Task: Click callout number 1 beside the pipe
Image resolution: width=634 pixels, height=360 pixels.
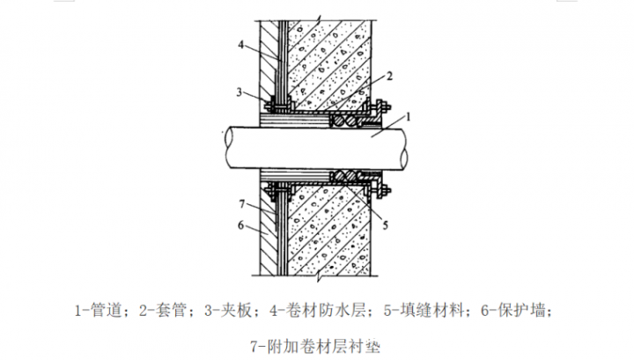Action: click(x=408, y=117)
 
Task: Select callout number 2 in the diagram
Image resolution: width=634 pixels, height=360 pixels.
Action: click(x=389, y=76)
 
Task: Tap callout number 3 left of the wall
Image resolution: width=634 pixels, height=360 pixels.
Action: click(x=240, y=92)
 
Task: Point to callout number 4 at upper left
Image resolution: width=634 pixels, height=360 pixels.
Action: click(x=241, y=45)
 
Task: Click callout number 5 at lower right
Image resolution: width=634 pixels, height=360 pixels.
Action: click(x=386, y=225)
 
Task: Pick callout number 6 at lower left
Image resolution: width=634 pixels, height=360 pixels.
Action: click(x=240, y=225)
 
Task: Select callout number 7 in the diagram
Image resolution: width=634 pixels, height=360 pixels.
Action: click(x=242, y=204)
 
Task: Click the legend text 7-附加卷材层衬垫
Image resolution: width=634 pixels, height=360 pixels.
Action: click(x=316, y=346)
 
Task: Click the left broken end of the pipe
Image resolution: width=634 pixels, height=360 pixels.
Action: click(x=228, y=147)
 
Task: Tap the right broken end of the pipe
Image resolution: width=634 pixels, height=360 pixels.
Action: click(x=402, y=148)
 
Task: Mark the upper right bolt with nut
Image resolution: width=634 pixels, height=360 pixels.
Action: click(x=380, y=107)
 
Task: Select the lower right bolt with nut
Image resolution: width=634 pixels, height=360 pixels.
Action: click(x=380, y=190)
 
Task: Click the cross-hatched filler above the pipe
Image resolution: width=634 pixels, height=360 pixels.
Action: click(x=347, y=121)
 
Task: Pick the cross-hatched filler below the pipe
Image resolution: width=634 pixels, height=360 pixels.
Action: click(x=347, y=175)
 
